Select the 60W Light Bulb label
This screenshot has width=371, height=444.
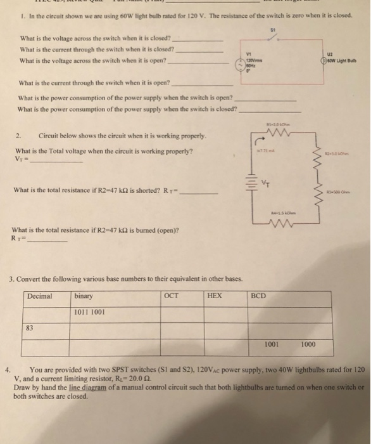346,62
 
